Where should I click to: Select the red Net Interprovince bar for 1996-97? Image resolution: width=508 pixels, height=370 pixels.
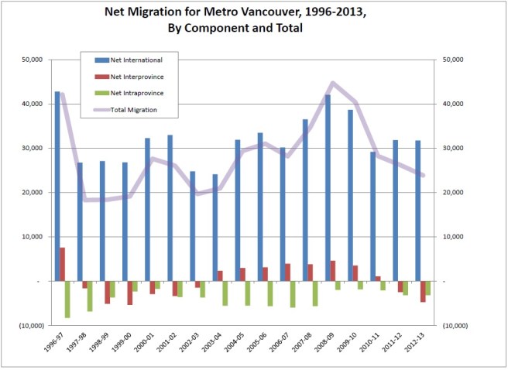pos(63,265)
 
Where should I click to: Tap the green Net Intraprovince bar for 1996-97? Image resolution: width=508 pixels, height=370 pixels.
pos(68,299)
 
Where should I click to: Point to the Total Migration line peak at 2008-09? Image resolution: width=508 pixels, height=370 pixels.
pos(332,83)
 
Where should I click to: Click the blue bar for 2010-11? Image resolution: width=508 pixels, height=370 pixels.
pos(372,217)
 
